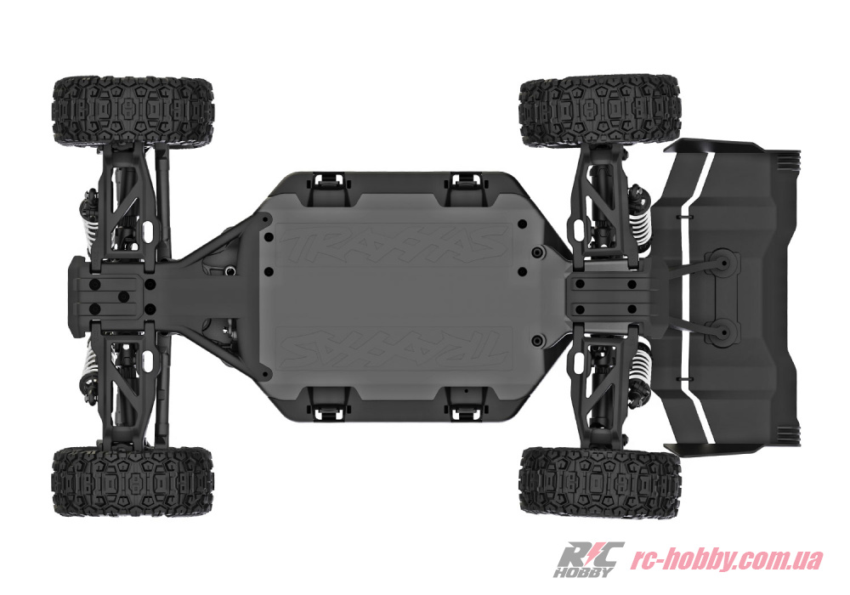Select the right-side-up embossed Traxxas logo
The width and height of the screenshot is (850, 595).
(x=394, y=245)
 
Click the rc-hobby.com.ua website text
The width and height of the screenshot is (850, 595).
(x=727, y=558)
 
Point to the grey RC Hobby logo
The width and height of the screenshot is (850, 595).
(x=587, y=558)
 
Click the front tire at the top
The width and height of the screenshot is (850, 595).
(x=133, y=112)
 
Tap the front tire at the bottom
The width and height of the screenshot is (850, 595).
(x=133, y=482)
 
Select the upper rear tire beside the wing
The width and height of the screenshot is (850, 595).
(x=599, y=112)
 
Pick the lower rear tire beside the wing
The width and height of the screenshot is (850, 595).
(x=599, y=482)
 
